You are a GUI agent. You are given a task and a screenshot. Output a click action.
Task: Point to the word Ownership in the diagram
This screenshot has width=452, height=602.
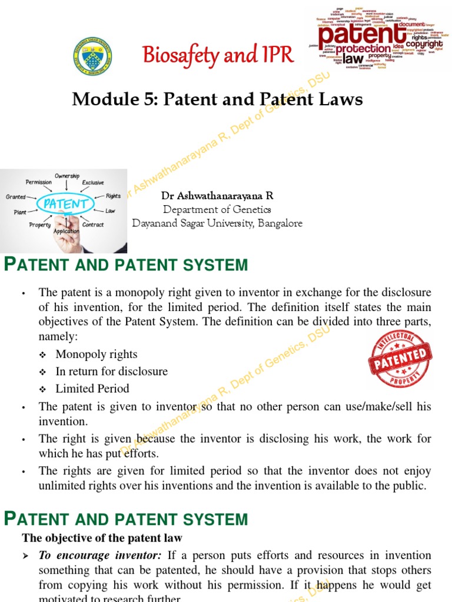(67, 176)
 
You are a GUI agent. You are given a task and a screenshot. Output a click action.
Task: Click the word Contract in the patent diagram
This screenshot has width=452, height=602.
(93, 225)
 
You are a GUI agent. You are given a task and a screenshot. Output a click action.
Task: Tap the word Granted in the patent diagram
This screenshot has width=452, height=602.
(16, 197)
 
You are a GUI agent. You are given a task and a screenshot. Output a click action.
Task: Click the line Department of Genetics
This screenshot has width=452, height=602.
(217, 209)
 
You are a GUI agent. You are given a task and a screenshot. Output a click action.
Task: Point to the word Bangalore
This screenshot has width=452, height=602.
(280, 223)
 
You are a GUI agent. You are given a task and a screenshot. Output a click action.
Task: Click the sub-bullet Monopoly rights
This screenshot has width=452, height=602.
(97, 354)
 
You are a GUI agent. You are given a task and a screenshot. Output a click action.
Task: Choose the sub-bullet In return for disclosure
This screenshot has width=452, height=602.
(112, 371)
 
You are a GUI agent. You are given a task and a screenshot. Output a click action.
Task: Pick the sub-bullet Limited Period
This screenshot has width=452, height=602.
(92, 388)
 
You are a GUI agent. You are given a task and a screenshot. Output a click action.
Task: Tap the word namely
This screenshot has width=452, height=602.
(58, 337)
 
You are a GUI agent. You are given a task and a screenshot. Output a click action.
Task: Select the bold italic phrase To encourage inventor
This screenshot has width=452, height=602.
(101, 555)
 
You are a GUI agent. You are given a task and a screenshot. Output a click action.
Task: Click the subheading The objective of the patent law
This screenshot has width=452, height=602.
(102, 537)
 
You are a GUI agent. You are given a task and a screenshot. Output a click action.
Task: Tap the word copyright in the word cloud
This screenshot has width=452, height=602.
(423, 44)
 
